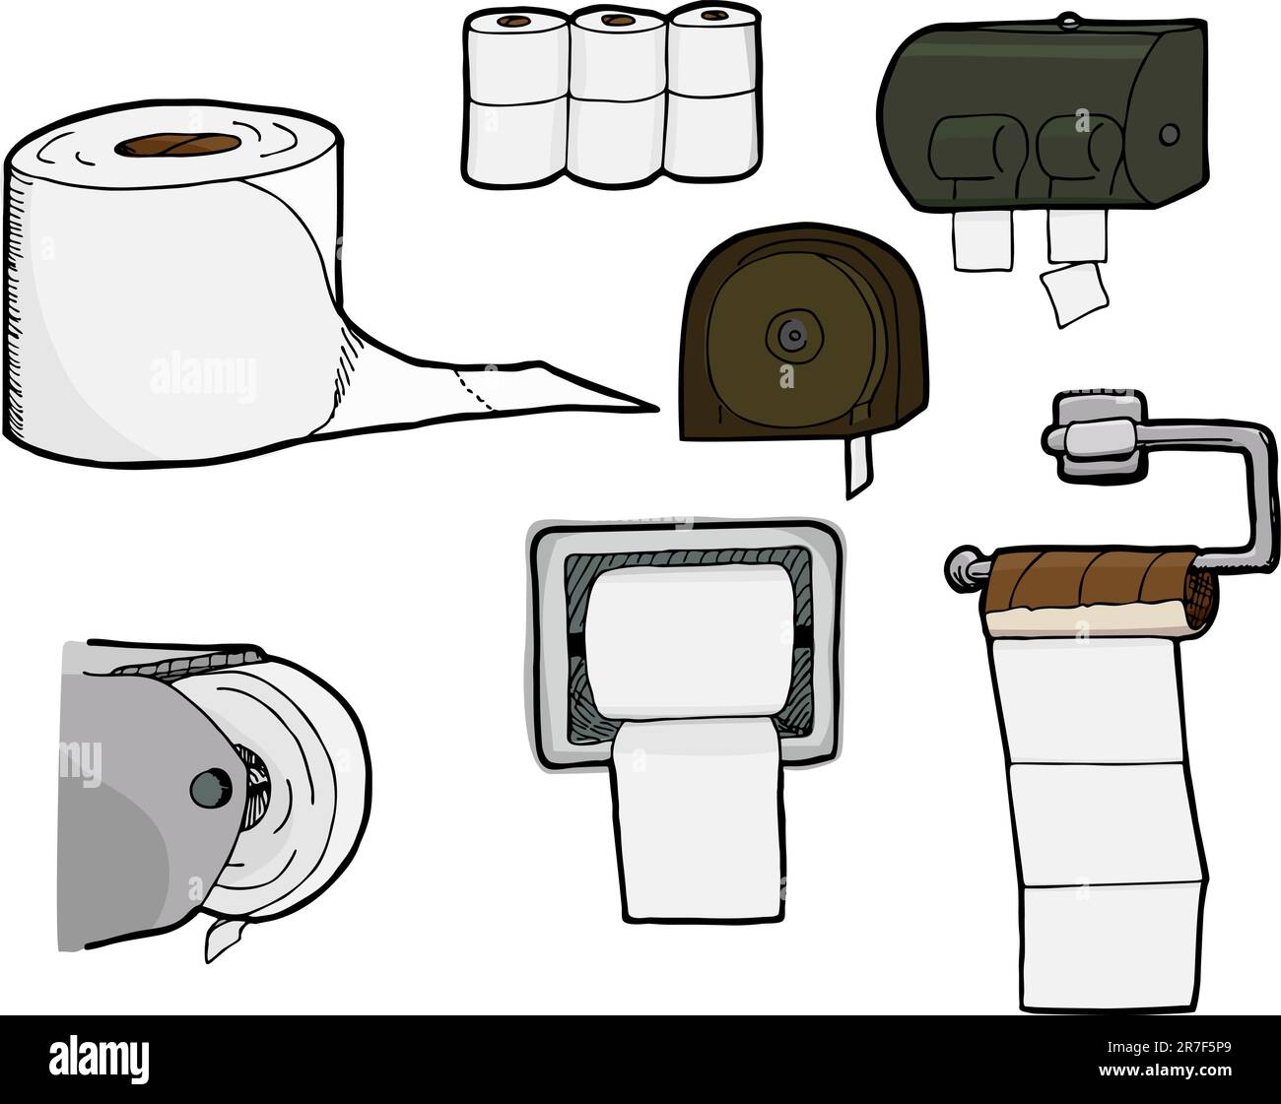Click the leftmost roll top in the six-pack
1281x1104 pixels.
click(511, 21)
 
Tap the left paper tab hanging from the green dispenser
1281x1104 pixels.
click(982, 242)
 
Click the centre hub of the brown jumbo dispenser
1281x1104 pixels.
click(787, 332)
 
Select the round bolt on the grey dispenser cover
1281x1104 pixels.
click(206, 785)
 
